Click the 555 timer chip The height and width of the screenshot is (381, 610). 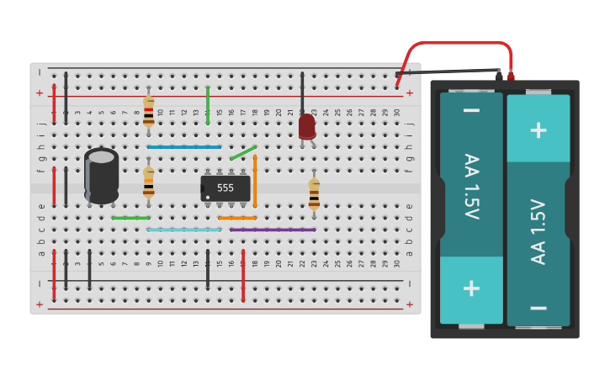tap(225, 188)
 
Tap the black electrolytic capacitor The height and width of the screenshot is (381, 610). tap(102, 177)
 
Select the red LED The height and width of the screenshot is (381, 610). tap(307, 126)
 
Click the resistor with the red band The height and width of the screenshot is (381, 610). tap(149, 110)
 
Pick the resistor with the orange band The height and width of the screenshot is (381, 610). tap(149, 181)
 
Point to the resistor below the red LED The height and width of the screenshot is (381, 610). tap(314, 193)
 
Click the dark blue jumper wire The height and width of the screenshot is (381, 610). tap(183, 146)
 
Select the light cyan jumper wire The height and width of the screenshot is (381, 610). tap(183, 230)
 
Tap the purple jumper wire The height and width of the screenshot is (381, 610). tap(273, 230)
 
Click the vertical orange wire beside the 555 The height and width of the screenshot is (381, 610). tap(255, 181)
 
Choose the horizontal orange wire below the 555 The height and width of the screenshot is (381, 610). tap(237, 218)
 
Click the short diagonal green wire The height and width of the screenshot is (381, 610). tap(243, 152)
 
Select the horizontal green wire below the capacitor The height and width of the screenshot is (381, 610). tap(130, 218)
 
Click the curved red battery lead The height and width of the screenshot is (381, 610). tap(459, 45)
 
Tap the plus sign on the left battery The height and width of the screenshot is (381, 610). tap(471, 288)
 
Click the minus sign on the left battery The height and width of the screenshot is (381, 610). tap(471, 110)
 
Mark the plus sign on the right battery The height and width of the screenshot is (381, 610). tap(538, 130)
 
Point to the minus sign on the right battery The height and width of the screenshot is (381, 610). tap(538, 308)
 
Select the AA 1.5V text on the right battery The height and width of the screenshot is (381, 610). tap(538, 231)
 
